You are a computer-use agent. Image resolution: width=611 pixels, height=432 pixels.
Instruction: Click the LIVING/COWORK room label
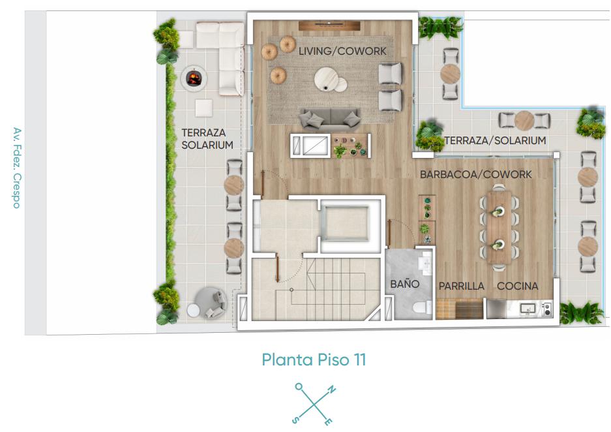pos(342,51)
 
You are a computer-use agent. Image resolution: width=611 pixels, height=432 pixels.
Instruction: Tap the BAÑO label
pos(404,284)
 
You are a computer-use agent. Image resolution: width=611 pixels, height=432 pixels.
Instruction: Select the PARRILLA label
pos(462,286)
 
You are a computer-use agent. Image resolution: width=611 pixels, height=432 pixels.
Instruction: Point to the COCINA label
pos(517,286)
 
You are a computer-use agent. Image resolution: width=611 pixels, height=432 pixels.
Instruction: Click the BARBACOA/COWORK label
pos(476,174)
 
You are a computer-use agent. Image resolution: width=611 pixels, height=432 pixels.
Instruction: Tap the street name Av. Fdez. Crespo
pos(17,168)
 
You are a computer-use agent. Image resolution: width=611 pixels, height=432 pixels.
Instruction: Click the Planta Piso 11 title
pos(314,360)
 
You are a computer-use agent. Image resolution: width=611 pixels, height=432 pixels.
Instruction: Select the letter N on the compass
pos(331,389)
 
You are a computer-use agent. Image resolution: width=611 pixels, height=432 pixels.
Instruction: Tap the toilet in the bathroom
pos(422,308)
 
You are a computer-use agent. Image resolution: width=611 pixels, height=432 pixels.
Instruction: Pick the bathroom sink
pos(426,262)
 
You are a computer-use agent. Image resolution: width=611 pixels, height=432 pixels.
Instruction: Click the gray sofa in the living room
pos(330,118)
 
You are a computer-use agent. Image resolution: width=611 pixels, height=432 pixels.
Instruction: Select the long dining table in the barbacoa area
pos(499,227)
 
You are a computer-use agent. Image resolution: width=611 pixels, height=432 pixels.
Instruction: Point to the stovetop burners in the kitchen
pos(547,309)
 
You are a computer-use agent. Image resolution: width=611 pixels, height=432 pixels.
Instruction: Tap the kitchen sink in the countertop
pos(528,309)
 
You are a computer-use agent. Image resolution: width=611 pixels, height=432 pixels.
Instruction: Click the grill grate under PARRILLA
pos(469,309)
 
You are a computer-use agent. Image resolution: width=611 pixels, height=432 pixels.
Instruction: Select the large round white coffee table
pos(326,79)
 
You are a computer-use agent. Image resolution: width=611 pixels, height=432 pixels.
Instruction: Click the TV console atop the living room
pos(329,25)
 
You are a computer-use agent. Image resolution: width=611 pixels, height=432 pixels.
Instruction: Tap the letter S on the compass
pos(296,420)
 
